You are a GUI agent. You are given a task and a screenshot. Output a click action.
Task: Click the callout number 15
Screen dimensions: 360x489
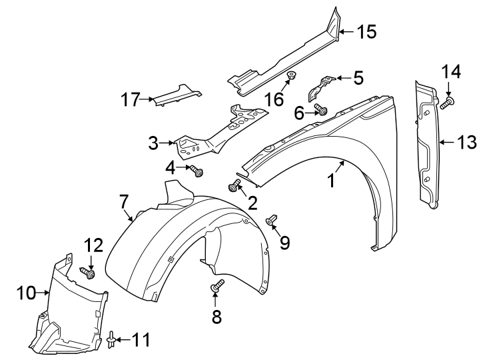[366, 31]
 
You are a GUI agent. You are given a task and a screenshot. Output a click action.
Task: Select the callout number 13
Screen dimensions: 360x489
[467, 141]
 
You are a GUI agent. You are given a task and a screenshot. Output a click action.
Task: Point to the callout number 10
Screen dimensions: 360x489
[25, 292]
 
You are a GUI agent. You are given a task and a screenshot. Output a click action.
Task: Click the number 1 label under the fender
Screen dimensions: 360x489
[330, 181]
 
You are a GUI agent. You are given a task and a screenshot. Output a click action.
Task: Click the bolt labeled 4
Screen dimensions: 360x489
[197, 172]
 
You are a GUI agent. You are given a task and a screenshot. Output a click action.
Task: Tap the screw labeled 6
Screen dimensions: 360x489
[322, 111]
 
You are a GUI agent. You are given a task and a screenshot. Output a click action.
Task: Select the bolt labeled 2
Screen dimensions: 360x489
[235, 187]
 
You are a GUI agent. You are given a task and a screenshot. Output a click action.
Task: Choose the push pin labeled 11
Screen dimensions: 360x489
[111, 341]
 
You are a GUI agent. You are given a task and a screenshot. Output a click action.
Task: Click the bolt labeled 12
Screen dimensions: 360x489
[87, 272]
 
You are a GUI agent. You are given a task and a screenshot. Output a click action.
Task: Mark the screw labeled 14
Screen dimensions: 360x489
[446, 103]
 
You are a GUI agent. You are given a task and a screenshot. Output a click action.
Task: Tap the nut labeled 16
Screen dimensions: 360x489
[291, 75]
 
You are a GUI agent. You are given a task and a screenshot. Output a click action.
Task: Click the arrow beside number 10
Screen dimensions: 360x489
[44, 292]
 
